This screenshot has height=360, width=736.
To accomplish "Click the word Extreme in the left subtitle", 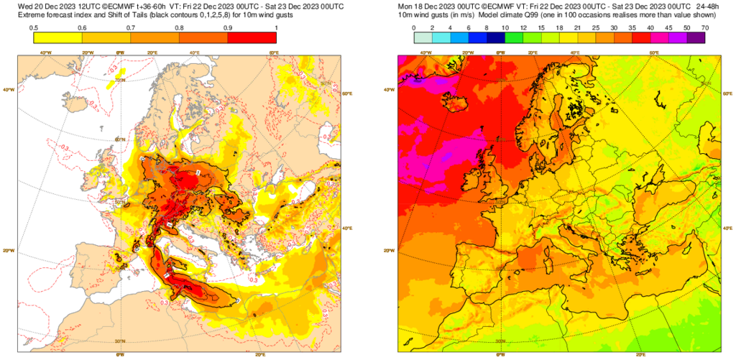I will [x=32, y=16].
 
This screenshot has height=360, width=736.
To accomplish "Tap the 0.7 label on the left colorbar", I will [x=131, y=27].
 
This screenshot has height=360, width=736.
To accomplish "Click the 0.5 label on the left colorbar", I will [x=34, y=27].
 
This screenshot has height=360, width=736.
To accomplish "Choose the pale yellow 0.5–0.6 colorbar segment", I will [x=58, y=38].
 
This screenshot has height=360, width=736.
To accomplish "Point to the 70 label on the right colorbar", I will [x=705, y=27].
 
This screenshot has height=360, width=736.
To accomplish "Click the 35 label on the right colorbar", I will [x=632, y=27].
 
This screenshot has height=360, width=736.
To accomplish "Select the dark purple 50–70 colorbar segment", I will [x=696, y=38].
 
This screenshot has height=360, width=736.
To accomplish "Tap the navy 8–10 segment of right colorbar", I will [x=496, y=38].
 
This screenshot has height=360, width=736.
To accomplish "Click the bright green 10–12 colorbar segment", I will [x=514, y=38].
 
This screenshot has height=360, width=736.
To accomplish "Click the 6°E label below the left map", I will [x=120, y=354].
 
